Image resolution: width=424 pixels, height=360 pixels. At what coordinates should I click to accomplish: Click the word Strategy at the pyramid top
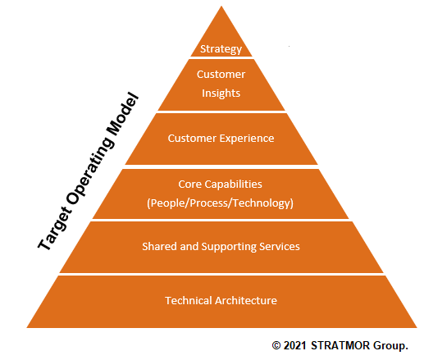tap(221, 49)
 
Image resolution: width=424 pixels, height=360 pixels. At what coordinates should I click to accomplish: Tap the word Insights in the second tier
tap(221, 93)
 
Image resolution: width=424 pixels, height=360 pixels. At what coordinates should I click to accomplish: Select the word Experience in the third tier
tap(247, 139)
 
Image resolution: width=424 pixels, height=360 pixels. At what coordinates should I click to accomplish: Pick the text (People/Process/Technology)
tap(220, 203)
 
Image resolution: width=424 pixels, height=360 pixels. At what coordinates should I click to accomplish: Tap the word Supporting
tap(229, 247)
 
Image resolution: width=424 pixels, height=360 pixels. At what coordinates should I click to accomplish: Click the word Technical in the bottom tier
tap(189, 300)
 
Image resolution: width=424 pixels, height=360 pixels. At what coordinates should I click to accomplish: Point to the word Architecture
tap(246, 300)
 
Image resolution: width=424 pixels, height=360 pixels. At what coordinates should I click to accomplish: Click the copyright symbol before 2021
tap(276, 345)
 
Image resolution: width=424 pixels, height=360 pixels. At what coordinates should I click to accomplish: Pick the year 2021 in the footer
tap(294, 345)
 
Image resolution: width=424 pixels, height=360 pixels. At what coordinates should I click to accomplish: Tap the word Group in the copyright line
tap(390, 346)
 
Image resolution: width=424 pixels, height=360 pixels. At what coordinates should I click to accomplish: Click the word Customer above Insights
tap(221, 75)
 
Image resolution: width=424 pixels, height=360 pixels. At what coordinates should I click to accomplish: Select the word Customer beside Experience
tap(192, 139)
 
